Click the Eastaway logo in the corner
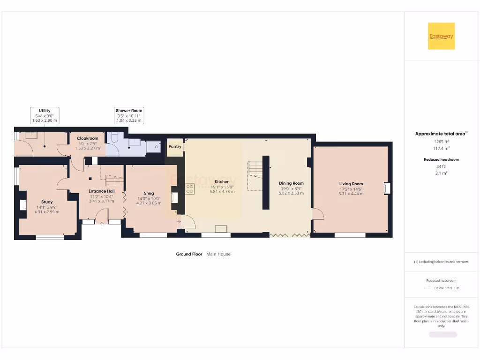coord(441,36)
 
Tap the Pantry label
coord(175,147)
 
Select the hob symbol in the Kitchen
coord(190,189)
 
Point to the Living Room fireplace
coord(386,188)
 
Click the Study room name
coord(47,202)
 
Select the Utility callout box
coord(45,115)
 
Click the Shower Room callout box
coord(129,115)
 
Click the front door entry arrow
coord(102,223)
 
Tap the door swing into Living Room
coord(318,214)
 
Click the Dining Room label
coord(291,183)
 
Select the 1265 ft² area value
coord(441,141)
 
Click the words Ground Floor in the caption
coord(189,254)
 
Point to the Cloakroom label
coord(87,138)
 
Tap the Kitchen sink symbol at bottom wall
coord(221,229)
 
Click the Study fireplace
coord(22,205)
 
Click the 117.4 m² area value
coord(441,148)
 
